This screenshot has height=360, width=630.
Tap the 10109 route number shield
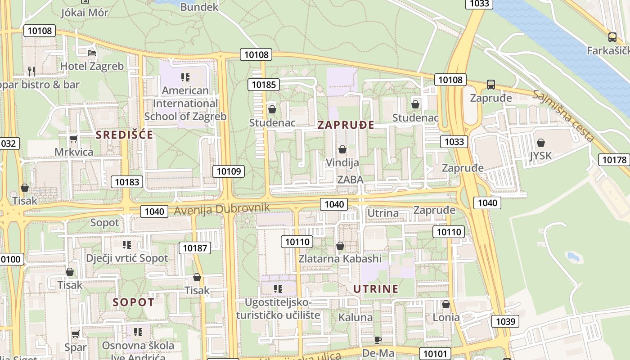pyautogui.click(x=229, y=171)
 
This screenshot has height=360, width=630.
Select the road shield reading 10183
pyautogui.click(x=127, y=182)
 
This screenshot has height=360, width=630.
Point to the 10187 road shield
pyautogui.click(x=195, y=247)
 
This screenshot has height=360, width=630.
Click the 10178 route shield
pyautogui.click(x=614, y=160)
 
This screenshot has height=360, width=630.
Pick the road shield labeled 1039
pyautogui.click(x=505, y=321)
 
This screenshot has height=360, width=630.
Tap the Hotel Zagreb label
pyautogui.click(x=92, y=66)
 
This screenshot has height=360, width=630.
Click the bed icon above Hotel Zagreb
pyautogui.click(x=92, y=53)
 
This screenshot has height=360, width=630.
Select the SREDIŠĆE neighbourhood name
pyautogui.click(x=125, y=135)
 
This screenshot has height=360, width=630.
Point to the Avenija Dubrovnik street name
pyautogui.click(x=222, y=209)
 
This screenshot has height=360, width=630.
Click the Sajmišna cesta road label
pyautogui.click(x=563, y=115)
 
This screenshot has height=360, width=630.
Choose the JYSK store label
pyautogui.click(x=540, y=156)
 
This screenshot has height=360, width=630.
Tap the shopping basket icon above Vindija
pyautogui.click(x=342, y=149)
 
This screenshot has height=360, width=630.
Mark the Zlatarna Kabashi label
pyautogui.click(x=340, y=259)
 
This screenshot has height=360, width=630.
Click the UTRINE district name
pyautogui.click(x=376, y=289)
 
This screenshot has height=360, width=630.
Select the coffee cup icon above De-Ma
pyautogui.click(x=378, y=340)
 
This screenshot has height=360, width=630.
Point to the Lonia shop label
pyautogui.click(x=446, y=317)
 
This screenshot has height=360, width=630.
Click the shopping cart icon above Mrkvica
pyautogui.click(x=74, y=139)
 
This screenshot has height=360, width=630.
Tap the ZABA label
pyautogui.click(x=350, y=180)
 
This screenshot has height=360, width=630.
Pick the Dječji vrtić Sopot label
pyautogui.click(x=127, y=258)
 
